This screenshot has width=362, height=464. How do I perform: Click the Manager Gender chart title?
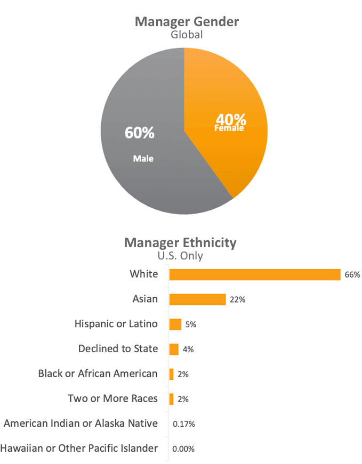[187, 22]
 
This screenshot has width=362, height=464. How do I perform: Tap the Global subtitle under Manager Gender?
[187, 35]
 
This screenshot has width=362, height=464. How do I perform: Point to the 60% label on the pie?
[140, 133]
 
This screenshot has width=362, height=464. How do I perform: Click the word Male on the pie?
[143, 158]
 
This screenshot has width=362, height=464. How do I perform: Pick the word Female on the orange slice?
[229, 128]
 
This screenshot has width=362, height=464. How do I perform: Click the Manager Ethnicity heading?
[180, 243]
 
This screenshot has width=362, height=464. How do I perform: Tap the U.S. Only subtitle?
[180, 256]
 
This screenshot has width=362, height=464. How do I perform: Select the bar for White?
[255, 274]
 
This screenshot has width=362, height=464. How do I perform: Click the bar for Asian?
[197, 299]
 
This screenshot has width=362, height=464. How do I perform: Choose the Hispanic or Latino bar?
[175, 324]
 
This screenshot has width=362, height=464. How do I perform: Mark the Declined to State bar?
[174, 349]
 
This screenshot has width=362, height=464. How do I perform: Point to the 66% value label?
[352, 275]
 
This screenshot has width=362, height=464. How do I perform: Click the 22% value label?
[237, 300]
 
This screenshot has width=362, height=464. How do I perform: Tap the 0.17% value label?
[184, 424]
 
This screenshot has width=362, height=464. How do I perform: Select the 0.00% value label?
[183, 449]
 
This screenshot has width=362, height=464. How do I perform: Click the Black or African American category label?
[98, 373]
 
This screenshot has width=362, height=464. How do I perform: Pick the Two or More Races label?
[113, 398]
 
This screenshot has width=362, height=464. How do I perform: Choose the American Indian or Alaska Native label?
[81, 424]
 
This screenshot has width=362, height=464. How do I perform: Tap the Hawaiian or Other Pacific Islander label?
[79, 448]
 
